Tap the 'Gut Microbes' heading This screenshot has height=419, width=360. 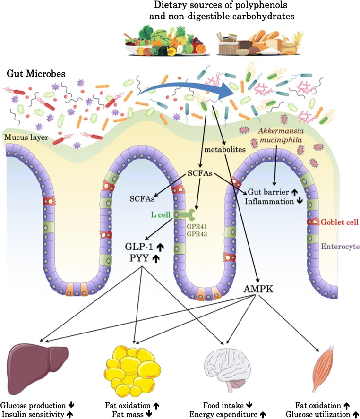[30, 74]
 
